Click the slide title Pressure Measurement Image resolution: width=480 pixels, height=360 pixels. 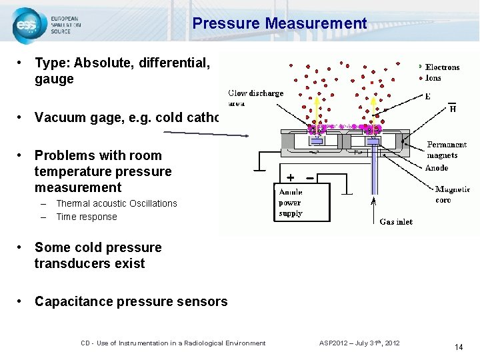279,24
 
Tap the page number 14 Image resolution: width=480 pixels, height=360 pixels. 459,347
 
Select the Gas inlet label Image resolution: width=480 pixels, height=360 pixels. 396,221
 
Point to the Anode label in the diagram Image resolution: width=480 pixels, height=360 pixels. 437,168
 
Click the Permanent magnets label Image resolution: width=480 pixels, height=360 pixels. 447,150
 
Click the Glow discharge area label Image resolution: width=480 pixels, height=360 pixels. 256,97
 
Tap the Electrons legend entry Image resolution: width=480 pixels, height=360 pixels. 442,67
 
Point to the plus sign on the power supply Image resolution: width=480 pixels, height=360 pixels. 291,178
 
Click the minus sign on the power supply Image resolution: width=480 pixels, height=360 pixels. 311,178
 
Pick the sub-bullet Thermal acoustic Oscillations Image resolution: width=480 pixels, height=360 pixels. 117,203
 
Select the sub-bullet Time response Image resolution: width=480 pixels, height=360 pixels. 87,217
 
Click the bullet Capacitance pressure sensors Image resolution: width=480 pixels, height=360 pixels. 131,301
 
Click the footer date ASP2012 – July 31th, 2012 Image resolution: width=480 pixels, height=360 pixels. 359,343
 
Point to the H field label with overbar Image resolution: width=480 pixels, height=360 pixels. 453,109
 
